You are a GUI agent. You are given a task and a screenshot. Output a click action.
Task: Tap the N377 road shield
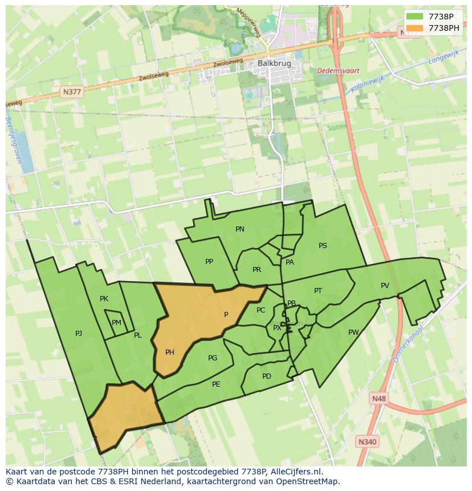(x=72, y=91)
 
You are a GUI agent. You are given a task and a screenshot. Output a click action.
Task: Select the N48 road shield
(x=377, y=399)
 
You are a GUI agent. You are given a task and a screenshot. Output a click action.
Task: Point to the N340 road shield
(x=367, y=441)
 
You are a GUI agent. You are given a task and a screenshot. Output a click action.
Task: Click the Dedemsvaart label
(x=339, y=71)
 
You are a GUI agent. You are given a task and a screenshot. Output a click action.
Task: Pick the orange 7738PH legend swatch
(x=415, y=27)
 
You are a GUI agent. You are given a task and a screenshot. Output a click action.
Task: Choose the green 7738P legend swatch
(x=415, y=17)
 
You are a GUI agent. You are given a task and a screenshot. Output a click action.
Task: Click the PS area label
(x=323, y=246)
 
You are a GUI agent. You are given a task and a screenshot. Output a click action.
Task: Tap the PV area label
(x=385, y=286)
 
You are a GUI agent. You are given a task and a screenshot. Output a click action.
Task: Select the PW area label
(x=353, y=332)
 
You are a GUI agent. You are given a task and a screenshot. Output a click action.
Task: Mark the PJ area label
(x=79, y=334)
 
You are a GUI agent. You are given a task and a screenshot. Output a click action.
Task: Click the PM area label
(x=116, y=323)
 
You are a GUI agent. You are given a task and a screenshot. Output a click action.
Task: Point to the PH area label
(x=169, y=352)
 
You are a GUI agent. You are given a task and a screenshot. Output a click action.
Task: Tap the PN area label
(x=240, y=229)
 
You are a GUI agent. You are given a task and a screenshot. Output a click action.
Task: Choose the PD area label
(x=267, y=376)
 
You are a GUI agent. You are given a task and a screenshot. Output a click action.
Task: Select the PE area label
(x=216, y=384)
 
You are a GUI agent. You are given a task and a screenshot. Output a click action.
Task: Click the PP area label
(x=209, y=262)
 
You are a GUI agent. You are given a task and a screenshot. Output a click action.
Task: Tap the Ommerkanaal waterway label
(x=409, y=345)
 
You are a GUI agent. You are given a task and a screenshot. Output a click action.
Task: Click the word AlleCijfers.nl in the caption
(x=295, y=472)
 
